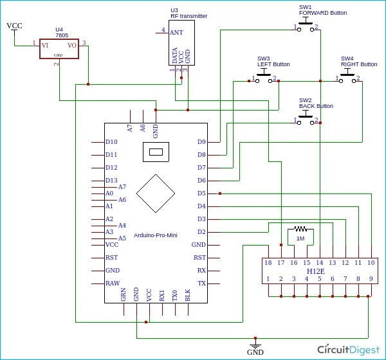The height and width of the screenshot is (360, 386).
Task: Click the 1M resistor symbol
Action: (300, 229)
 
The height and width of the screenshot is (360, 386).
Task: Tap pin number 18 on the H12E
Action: (268, 262)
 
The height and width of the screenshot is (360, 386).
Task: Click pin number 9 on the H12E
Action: (371, 278)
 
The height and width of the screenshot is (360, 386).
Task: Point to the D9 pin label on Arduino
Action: (201, 141)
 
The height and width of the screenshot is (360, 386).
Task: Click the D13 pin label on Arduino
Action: (111, 180)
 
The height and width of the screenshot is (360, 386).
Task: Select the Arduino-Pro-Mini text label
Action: (155, 235)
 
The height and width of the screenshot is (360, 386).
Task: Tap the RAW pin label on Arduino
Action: (112, 283)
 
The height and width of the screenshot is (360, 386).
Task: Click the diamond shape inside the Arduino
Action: (156, 193)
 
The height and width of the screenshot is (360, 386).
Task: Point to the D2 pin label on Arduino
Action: (201, 231)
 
